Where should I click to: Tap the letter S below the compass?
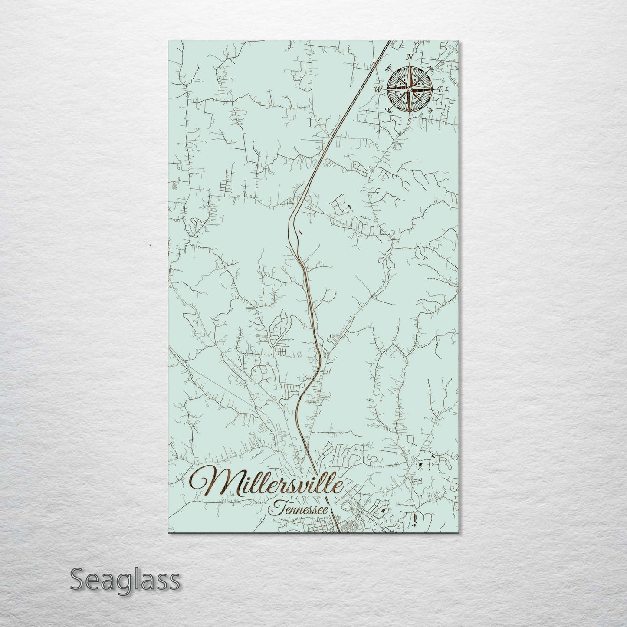point(408,121)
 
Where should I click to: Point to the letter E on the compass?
point(440,90)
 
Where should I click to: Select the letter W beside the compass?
point(378,89)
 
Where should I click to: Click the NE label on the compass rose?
point(431,68)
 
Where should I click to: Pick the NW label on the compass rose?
point(387,68)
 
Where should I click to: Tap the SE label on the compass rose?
point(430,110)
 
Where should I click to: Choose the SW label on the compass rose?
point(389,111)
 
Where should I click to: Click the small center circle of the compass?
point(409,89)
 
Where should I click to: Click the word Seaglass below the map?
point(125,580)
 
